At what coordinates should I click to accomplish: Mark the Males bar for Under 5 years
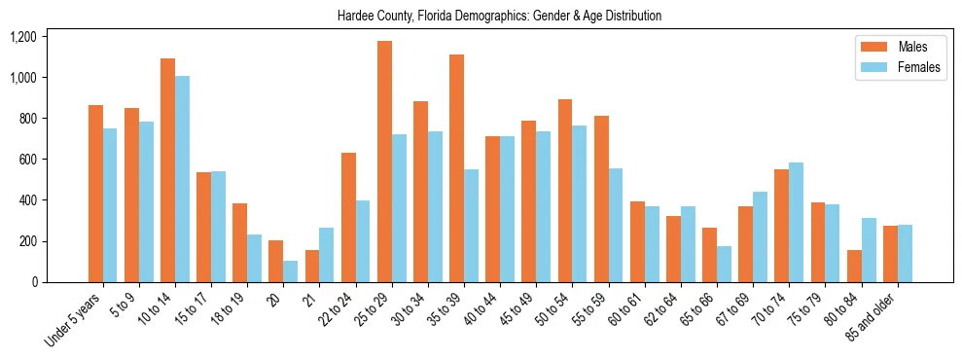tap(95, 194)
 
